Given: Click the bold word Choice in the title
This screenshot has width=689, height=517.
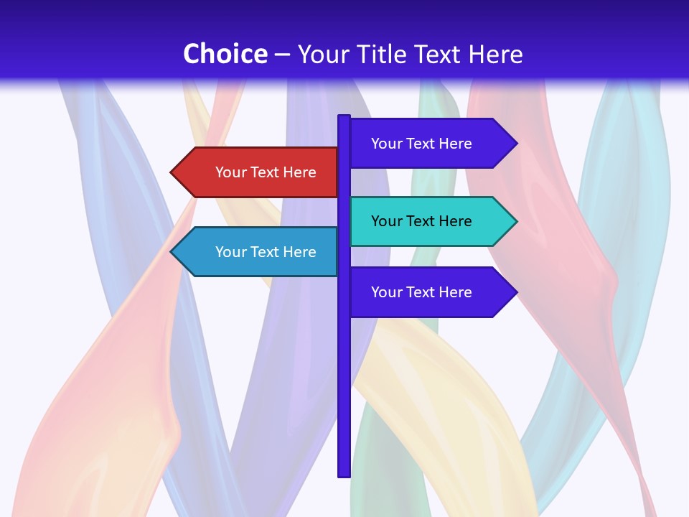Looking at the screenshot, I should pos(225,54).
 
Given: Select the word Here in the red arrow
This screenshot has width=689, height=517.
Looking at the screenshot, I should pos(299,172).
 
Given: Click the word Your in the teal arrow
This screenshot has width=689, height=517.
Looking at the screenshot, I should pos(386,221).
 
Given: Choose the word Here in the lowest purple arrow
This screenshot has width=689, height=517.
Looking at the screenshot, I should pos(455,292).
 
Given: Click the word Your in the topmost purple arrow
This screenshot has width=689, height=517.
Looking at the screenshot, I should pos(386,144).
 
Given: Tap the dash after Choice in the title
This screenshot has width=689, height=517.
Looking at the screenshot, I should pos(282,55).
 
